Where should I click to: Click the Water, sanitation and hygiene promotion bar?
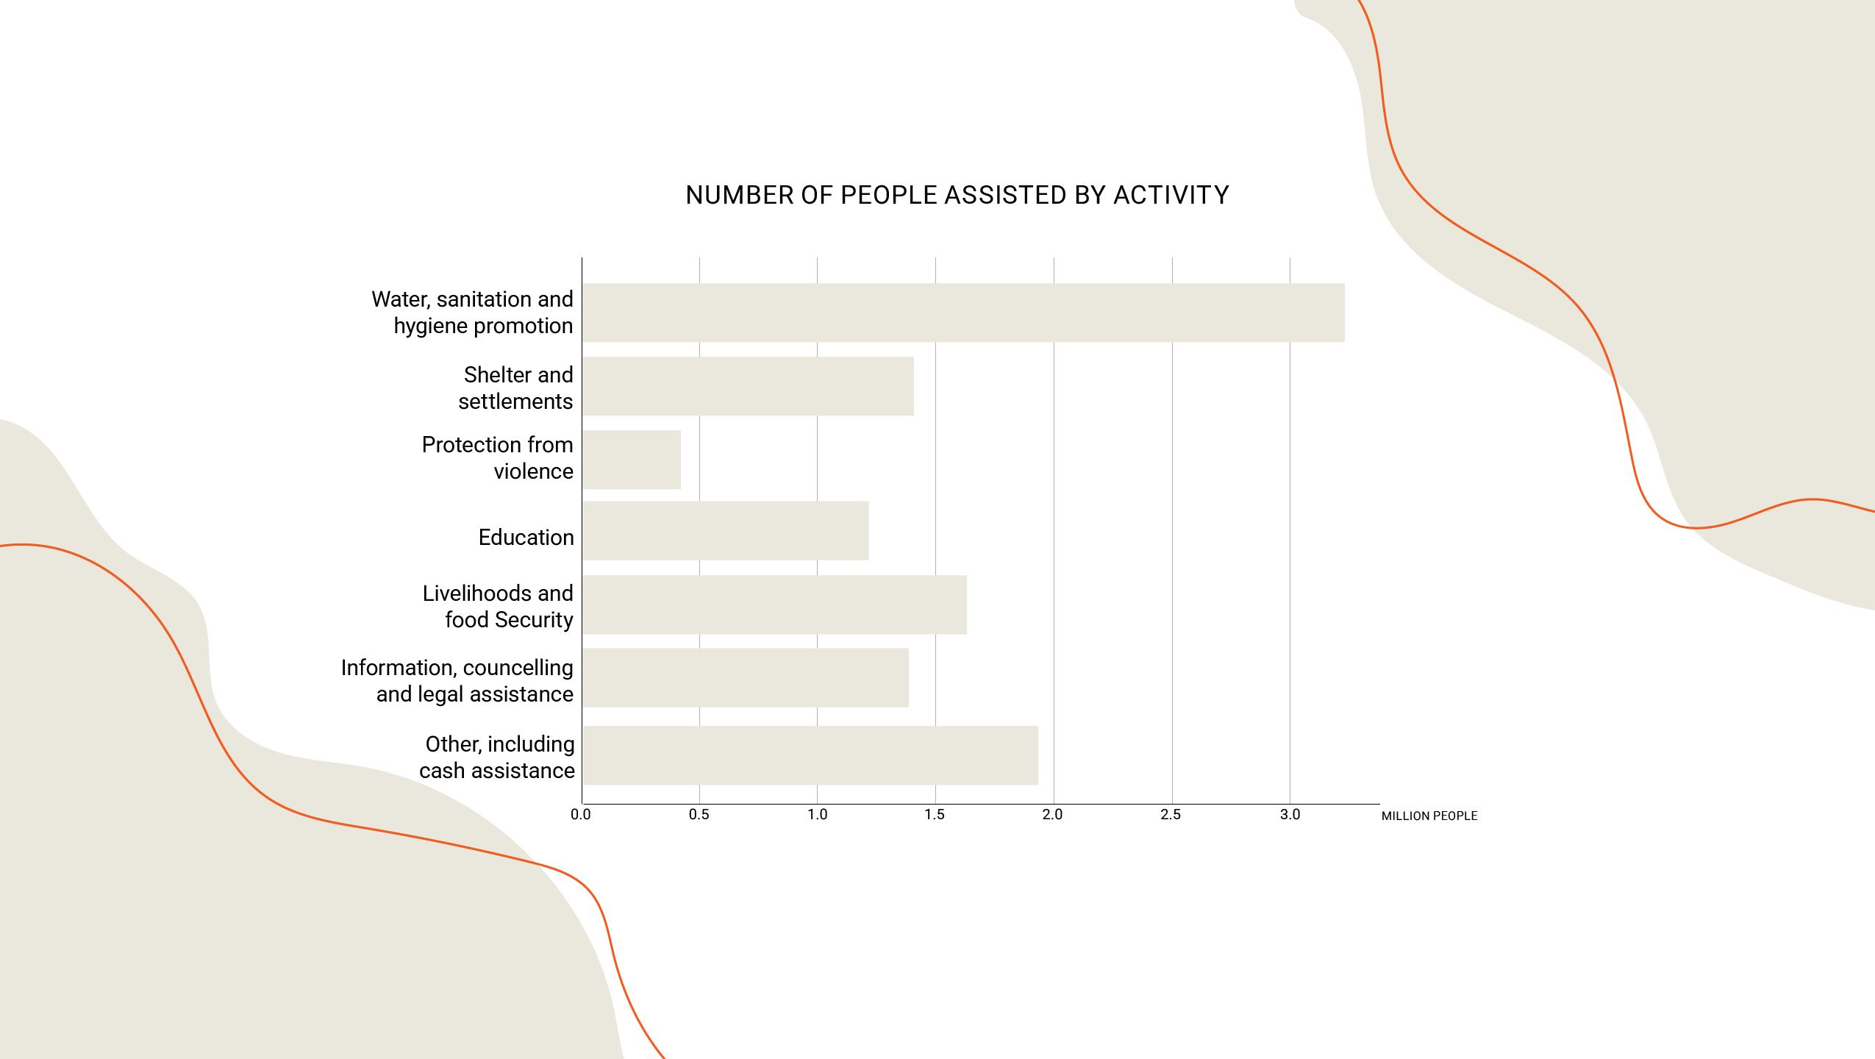pyautogui.click(x=963, y=313)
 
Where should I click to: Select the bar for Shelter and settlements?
pyautogui.click(x=748, y=386)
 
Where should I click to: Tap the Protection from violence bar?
pyautogui.click(x=632, y=460)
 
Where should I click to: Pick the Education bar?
pyautogui.click(x=725, y=531)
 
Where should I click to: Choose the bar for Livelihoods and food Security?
pyautogui.click(x=774, y=605)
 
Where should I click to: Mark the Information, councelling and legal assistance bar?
pyautogui.click(x=746, y=677)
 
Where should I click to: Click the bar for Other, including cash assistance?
pyautogui.click(x=810, y=755)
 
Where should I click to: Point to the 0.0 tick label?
pyautogui.click(x=581, y=815)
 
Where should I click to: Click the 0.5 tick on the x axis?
pyautogui.click(x=699, y=815)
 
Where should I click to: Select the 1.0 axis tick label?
pyautogui.click(x=818, y=815)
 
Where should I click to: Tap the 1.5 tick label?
pyautogui.click(x=935, y=815)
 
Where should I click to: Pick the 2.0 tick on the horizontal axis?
pyautogui.click(x=1053, y=815)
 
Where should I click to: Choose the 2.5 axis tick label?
pyautogui.click(x=1171, y=815)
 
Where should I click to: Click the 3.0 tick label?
pyautogui.click(x=1290, y=815)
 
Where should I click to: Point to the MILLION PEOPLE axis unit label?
pyautogui.click(x=1429, y=816)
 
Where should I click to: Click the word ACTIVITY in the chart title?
pyautogui.click(x=1171, y=196)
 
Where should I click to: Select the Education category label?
pyautogui.click(x=526, y=538)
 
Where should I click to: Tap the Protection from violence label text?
pyautogui.click(x=498, y=457)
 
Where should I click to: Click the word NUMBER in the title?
pyautogui.click(x=738, y=196)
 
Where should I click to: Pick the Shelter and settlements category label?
pyautogui.click(x=516, y=388)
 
